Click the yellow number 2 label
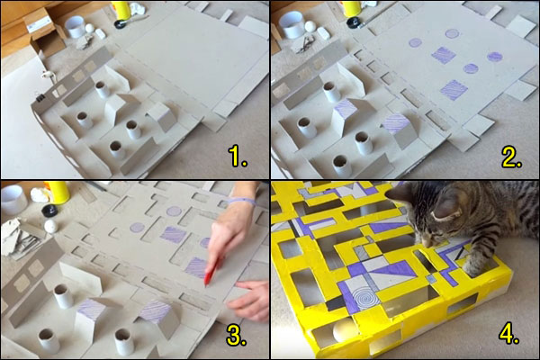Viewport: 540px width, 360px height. click(x=510, y=158)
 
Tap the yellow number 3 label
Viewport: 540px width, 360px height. click(x=237, y=336)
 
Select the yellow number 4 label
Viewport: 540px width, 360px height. click(x=510, y=336)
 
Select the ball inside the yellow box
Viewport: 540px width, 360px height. click(x=342, y=333)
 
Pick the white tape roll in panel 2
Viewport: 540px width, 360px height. click(x=292, y=24)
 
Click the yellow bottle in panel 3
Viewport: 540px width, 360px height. click(x=59, y=191)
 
